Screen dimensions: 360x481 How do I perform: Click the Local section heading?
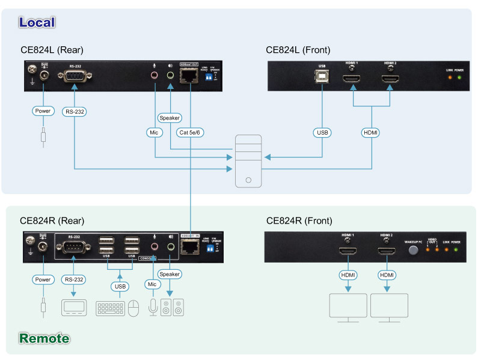pyautogui.click(x=37, y=22)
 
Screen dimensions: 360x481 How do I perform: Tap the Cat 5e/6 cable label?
pyautogui.click(x=190, y=132)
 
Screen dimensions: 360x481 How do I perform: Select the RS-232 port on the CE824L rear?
pyautogui.click(x=74, y=77)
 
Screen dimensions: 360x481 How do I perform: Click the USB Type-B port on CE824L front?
pyautogui.click(x=322, y=79)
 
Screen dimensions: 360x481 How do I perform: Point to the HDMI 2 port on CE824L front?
pyautogui.click(x=390, y=79)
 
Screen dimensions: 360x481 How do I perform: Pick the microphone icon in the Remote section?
pyautogui.click(x=153, y=308)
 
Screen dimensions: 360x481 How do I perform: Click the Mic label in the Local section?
pyautogui.click(x=156, y=132)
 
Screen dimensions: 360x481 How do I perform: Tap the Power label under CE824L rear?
pyautogui.click(x=43, y=111)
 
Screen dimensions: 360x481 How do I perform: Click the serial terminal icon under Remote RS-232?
pyautogui.click(x=74, y=308)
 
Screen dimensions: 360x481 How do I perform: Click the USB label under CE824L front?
pyautogui.click(x=322, y=132)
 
